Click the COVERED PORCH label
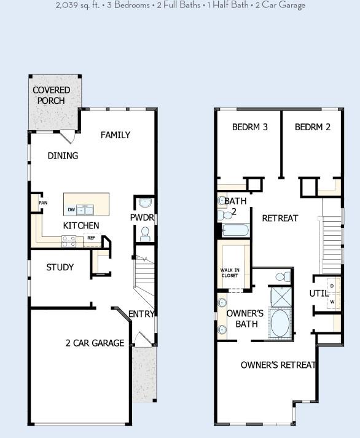coord(52,95)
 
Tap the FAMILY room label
coord(115,135)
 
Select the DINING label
coord(63,156)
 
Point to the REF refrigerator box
coord(91,238)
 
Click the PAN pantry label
coord(43,203)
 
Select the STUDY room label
coord(60,268)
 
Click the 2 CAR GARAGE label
coord(95,343)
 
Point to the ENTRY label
coord(141,315)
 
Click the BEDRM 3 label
coord(250,128)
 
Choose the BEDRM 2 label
coord(313,128)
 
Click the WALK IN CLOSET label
coord(230,273)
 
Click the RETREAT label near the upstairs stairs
coord(280,218)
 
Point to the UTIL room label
coord(319,294)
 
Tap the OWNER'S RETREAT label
coord(278,365)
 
